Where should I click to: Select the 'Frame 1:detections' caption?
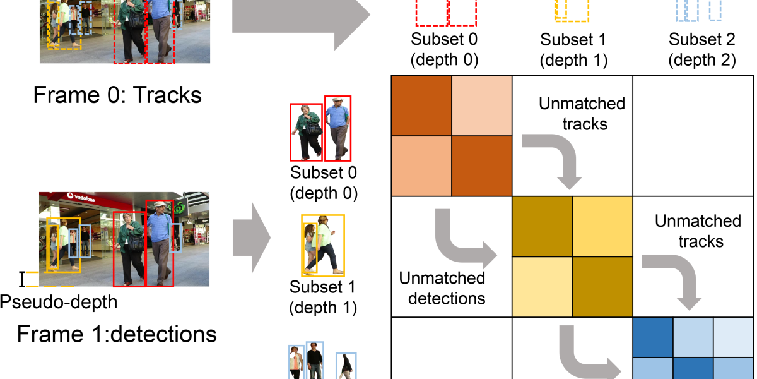(117, 333)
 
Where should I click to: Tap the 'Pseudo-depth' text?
(58, 302)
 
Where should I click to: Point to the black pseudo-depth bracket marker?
(22, 279)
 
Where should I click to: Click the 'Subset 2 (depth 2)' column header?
(702, 50)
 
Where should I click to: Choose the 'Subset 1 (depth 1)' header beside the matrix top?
(573, 50)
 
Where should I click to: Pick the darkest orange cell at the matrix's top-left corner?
(421, 105)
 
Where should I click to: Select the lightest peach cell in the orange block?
(481, 105)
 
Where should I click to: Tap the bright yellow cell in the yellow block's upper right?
(602, 226)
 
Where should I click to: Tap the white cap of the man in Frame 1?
(160, 204)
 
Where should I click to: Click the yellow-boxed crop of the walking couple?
(322, 245)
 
